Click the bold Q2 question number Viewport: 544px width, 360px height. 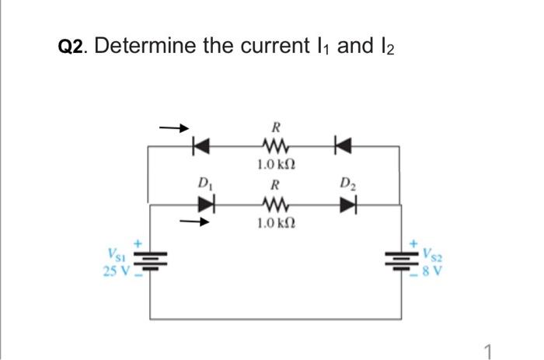tap(75, 47)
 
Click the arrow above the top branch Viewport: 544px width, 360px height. tap(173, 126)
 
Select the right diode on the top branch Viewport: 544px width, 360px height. tap(340, 145)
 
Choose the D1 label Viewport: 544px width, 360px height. tap(205, 184)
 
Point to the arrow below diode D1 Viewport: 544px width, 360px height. tap(194, 222)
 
